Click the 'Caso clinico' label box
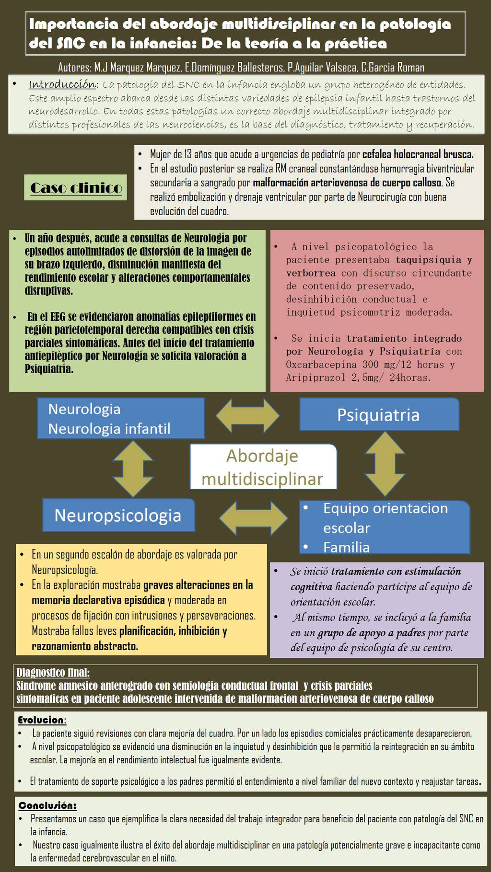75,187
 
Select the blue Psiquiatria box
379,414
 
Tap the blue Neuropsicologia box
118,516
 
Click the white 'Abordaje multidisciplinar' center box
263,467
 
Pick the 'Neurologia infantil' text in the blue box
109,428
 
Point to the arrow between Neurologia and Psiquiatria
247,415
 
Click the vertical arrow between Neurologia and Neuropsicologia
133,468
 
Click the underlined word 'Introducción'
63,85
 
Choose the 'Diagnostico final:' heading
53,672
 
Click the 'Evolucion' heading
41,720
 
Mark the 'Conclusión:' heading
47,805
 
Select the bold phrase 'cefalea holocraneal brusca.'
418,154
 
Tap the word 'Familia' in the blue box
346,547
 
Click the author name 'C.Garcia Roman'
393,68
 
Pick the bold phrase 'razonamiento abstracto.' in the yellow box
85,646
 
